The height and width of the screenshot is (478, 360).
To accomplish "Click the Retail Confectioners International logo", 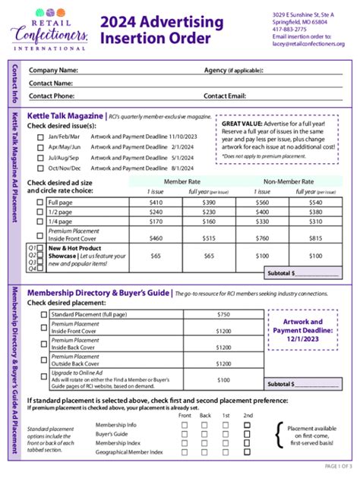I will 49,29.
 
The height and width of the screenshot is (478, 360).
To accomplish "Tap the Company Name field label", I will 54,71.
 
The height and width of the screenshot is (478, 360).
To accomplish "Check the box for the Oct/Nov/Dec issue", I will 40,168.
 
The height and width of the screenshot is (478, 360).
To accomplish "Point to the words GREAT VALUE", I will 242,123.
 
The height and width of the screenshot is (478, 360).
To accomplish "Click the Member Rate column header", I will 182,182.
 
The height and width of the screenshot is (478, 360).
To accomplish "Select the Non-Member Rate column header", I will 289,182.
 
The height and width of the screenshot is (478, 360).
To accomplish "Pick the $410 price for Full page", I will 156,203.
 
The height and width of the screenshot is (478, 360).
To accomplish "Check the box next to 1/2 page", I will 41,212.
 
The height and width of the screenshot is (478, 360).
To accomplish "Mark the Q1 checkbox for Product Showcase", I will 41,248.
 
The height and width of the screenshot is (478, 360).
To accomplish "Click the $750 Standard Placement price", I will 223,313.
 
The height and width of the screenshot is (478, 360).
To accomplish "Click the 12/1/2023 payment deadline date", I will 302,339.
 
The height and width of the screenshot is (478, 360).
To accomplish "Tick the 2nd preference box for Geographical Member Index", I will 246,452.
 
